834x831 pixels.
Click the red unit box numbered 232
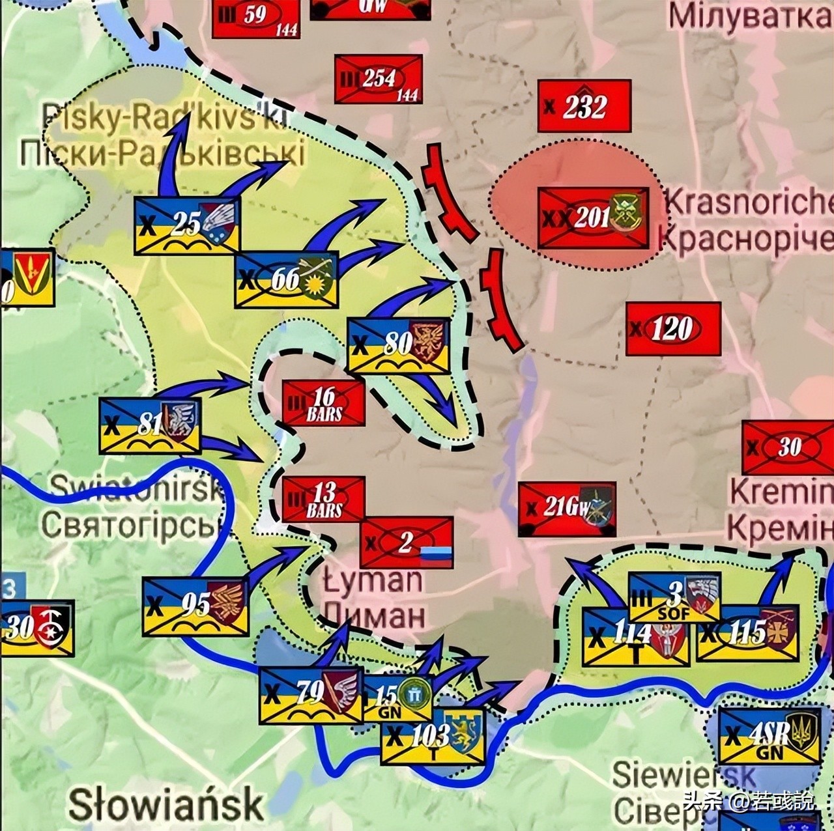click(x=584, y=106)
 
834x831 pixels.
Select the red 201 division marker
click(x=593, y=218)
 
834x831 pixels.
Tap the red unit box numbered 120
click(x=673, y=329)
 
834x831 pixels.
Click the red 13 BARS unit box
click(x=323, y=499)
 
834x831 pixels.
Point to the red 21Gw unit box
click(x=567, y=509)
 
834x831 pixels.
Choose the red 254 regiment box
click(x=378, y=79)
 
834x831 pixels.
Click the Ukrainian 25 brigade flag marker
click(x=187, y=225)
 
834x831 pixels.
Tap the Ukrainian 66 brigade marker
click(x=286, y=279)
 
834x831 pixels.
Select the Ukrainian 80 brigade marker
click(x=398, y=345)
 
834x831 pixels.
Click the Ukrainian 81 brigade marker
click(x=150, y=426)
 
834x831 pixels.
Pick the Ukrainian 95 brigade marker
click(x=195, y=606)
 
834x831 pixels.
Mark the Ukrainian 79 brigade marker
click(x=311, y=695)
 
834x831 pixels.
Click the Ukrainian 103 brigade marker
click(x=433, y=737)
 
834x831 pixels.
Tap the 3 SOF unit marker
click(x=674, y=597)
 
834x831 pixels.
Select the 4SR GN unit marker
click(x=769, y=736)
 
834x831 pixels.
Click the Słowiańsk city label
click(x=166, y=804)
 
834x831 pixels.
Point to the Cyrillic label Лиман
click(x=373, y=614)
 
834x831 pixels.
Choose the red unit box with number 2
click(x=407, y=542)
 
